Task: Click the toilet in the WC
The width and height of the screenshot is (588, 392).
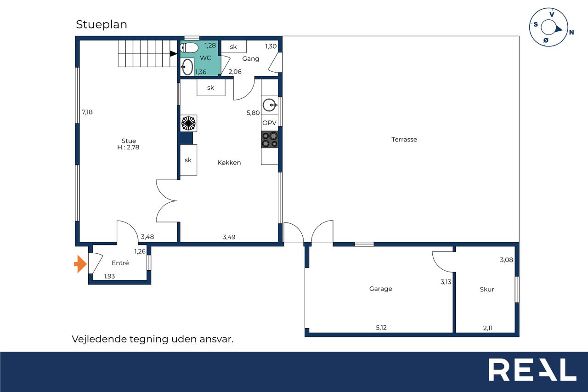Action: click(189, 48)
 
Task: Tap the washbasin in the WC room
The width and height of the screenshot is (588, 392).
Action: click(187, 67)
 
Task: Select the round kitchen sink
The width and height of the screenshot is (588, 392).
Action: click(270, 105)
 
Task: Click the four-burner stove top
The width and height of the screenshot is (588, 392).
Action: click(270, 140)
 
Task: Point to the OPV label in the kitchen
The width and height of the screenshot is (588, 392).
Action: click(269, 123)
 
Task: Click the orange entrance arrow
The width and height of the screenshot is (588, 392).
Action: click(80, 264)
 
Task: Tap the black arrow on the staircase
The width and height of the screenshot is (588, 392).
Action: click(173, 54)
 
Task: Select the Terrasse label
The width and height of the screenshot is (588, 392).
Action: click(404, 139)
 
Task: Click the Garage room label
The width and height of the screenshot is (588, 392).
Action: click(381, 289)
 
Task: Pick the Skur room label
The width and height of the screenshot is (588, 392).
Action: click(486, 290)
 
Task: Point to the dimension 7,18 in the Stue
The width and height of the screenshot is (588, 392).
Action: click(87, 112)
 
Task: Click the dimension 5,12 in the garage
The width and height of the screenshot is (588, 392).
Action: click(381, 327)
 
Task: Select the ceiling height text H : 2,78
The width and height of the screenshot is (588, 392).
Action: click(128, 148)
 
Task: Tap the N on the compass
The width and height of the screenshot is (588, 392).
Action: click(571, 32)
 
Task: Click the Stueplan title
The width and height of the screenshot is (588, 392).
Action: click(102, 25)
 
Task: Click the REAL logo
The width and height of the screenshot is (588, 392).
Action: click(532, 369)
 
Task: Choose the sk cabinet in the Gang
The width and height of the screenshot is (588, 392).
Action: click(234, 47)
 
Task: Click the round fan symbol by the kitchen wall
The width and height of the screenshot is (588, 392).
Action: click(188, 123)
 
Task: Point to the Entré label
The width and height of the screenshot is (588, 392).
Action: click(120, 263)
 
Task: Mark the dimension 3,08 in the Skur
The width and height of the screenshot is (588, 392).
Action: click(506, 260)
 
